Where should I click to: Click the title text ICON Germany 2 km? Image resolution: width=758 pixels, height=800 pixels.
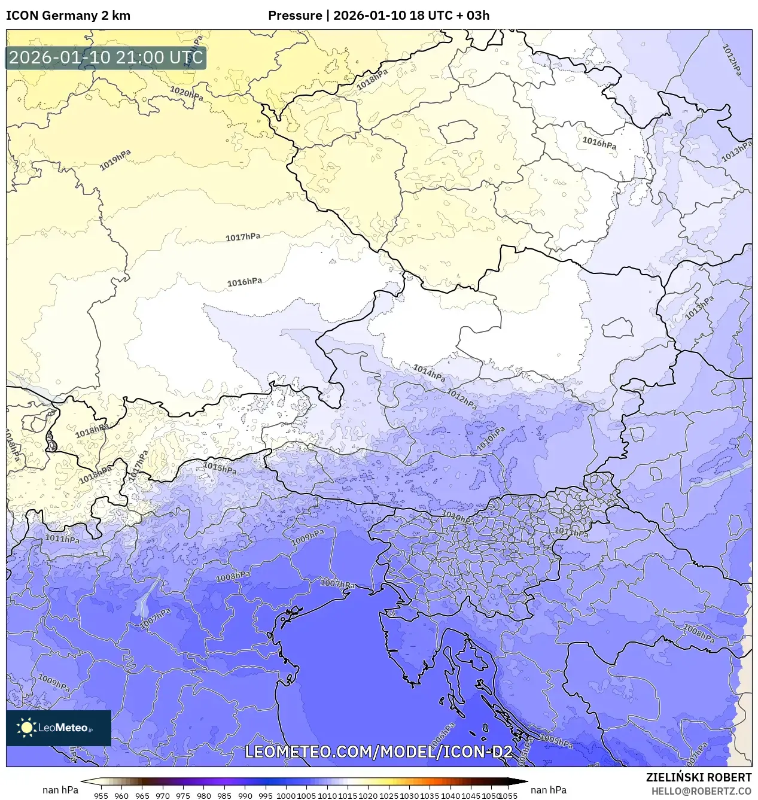68,16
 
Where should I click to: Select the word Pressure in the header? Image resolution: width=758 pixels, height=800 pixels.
295,16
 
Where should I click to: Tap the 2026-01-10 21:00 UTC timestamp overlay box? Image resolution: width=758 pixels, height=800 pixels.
106,58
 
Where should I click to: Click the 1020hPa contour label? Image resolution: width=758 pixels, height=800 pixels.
186,93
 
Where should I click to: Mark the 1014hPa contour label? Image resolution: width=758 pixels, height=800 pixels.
429,373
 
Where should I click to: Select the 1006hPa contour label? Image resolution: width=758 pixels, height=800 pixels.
440,743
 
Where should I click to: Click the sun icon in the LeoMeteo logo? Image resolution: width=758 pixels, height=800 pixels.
27,728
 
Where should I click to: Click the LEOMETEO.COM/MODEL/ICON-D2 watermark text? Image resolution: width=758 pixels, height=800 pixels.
378,752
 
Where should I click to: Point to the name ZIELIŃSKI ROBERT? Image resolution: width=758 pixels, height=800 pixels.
698,777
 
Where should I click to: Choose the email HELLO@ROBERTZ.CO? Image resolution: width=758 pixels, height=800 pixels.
701,791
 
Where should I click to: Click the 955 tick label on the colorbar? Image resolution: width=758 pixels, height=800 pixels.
101,796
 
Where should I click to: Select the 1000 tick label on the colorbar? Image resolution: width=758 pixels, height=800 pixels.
286,796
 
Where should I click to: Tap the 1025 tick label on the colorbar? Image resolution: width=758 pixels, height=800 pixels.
389,796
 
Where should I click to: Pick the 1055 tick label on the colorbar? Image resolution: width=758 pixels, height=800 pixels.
508,796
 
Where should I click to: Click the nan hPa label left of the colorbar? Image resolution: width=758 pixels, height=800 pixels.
60,790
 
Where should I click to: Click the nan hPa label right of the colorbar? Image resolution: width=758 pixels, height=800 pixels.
549,790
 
